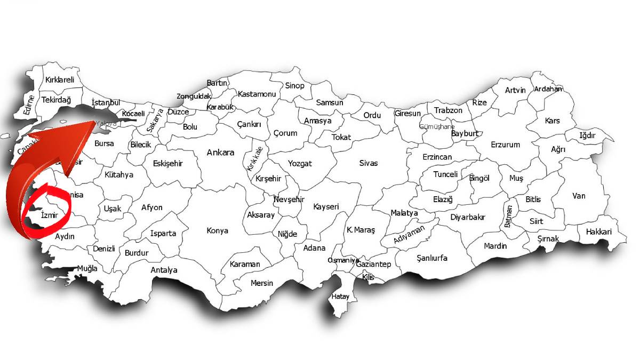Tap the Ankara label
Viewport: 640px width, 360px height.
pyautogui.click(x=220, y=153)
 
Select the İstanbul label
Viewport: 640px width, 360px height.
pyautogui.click(x=106, y=102)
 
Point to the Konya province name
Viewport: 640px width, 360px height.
pyautogui.click(x=217, y=231)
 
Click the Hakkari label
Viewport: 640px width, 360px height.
pyautogui.click(x=598, y=232)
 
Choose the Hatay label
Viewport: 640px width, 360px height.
pyautogui.click(x=340, y=297)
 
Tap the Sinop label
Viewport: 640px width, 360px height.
pyautogui.click(x=294, y=85)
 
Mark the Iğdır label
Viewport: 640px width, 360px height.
pyautogui.click(x=591, y=135)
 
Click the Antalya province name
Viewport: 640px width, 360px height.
pyautogui.click(x=164, y=270)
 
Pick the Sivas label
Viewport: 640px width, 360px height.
pyautogui.click(x=368, y=163)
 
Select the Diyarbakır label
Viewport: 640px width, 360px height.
pyautogui.click(x=468, y=217)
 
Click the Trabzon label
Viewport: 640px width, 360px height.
pyautogui.click(x=448, y=110)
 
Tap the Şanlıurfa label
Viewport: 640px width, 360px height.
pyautogui.click(x=432, y=258)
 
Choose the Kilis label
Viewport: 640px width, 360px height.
pyautogui.click(x=368, y=277)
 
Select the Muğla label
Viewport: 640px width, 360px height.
pyautogui.click(x=87, y=268)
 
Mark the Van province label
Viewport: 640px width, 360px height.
pyautogui.click(x=579, y=196)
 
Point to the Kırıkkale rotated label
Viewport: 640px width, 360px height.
pyautogui.click(x=253, y=157)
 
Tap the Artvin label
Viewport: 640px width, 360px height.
pyautogui.click(x=515, y=90)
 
